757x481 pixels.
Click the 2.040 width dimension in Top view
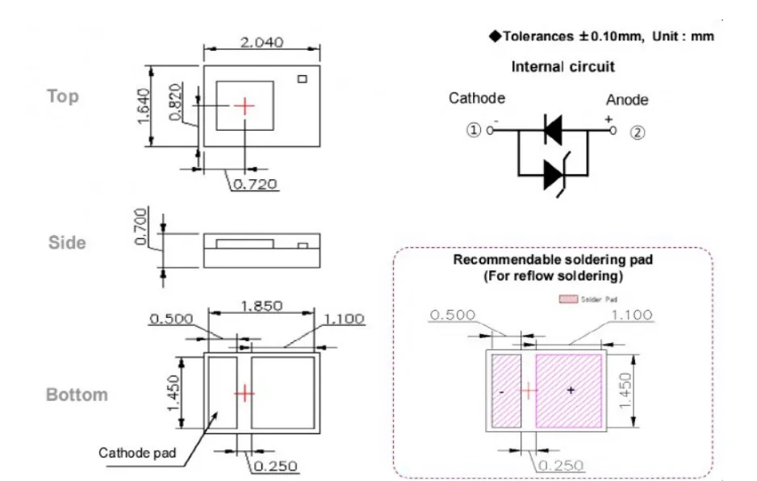pyautogui.click(x=261, y=43)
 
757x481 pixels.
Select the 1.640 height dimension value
pyautogui.click(x=144, y=106)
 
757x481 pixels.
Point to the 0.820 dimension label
pyautogui.click(x=176, y=102)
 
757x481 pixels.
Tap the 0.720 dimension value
pyautogui.click(x=255, y=184)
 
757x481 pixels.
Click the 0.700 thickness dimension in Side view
pyautogui.click(x=140, y=227)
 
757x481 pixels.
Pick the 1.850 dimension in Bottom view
pyautogui.click(x=261, y=306)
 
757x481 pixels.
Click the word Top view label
pyautogui.click(x=63, y=97)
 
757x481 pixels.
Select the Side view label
pyautogui.click(x=67, y=242)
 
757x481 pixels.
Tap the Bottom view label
pyautogui.click(x=77, y=395)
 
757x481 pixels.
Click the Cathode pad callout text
pyautogui.click(x=137, y=453)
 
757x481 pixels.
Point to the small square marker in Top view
pyautogui.click(x=302, y=79)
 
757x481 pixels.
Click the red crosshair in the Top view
pyautogui.click(x=245, y=106)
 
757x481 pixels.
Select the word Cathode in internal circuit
pyautogui.click(x=477, y=98)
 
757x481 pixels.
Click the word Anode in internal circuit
pyautogui.click(x=627, y=100)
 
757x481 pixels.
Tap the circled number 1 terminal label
pyautogui.click(x=474, y=130)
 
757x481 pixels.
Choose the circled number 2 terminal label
pyautogui.click(x=638, y=132)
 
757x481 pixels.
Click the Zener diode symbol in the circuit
pyautogui.click(x=557, y=174)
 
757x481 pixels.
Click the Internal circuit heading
pyautogui.click(x=563, y=67)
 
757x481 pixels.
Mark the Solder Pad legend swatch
pyautogui.click(x=568, y=299)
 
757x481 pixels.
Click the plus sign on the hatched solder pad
pyautogui.click(x=571, y=390)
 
